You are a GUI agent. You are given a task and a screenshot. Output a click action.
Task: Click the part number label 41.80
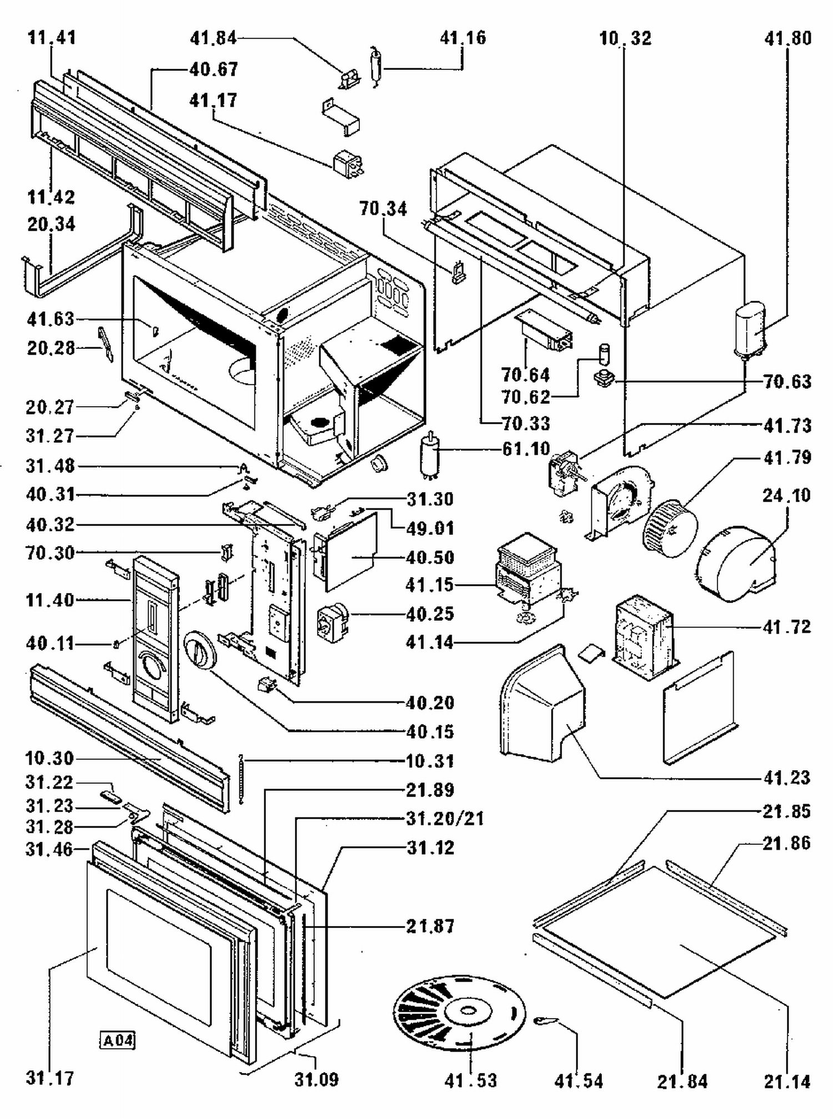pyautogui.click(x=787, y=38)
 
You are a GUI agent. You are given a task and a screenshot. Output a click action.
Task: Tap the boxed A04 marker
pyautogui.click(x=118, y=1039)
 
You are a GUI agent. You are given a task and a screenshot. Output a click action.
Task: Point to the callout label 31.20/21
pyautogui.click(x=445, y=818)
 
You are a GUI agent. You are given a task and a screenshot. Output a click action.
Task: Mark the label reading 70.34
pyautogui.click(x=383, y=209)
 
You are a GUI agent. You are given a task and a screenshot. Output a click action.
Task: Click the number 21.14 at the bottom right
pyautogui.click(x=787, y=1081)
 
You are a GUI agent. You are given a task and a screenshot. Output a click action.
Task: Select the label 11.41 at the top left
pyautogui.click(x=52, y=38)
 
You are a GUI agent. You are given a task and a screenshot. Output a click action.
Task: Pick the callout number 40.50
pyautogui.click(x=430, y=557)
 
